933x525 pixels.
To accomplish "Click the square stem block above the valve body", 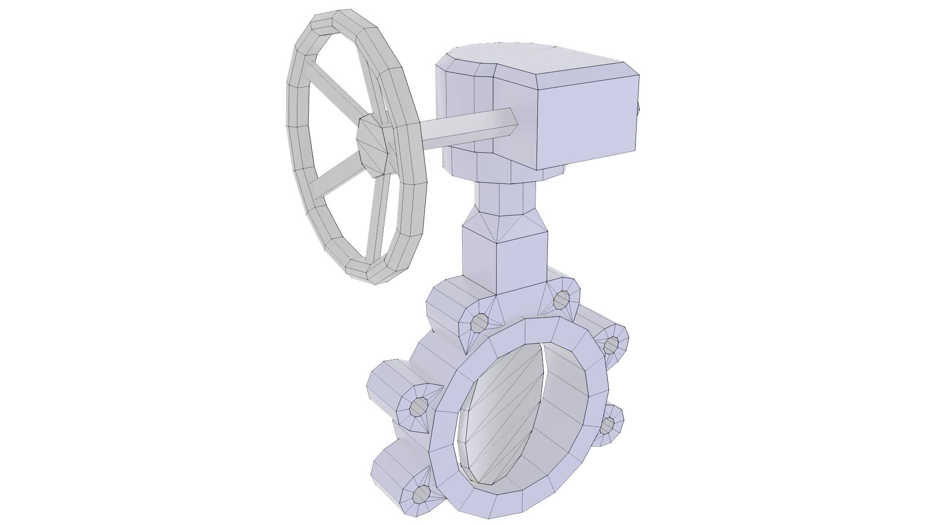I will tap(505, 262).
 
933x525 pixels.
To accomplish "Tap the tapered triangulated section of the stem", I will tap(505, 226).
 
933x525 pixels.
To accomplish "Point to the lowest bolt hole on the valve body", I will tap(421, 496).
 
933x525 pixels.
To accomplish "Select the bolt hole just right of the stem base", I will tap(562, 299).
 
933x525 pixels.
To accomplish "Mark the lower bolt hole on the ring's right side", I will tap(607, 426).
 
